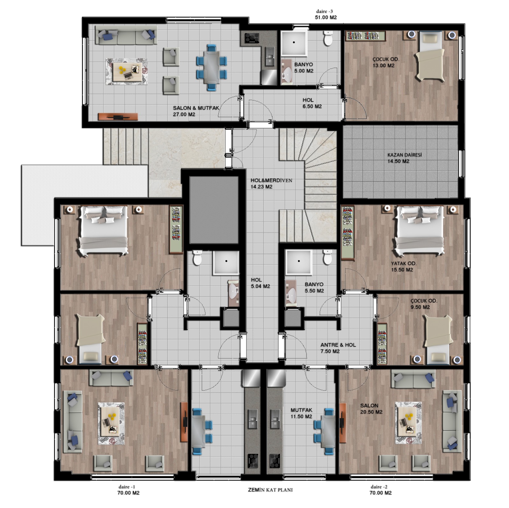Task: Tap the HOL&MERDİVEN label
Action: [271, 180]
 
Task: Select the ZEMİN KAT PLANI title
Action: [270, 490]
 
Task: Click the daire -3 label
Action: [324, 11]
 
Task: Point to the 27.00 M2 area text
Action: [184, 115]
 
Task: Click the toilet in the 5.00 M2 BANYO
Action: [328, 38]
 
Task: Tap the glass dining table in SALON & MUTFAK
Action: [211, 67]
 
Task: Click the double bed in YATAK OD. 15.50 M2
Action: [419, 231]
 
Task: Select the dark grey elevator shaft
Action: [214, 210]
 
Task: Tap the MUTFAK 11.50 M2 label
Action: [301, 413]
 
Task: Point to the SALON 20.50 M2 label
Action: [371, 409]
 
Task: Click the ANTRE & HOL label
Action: [338, 345]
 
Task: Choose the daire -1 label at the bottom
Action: [127, 487]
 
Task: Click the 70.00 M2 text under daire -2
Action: [380, 493]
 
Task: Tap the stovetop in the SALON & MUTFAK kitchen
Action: [252, 38]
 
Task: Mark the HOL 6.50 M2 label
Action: [312, 103]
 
